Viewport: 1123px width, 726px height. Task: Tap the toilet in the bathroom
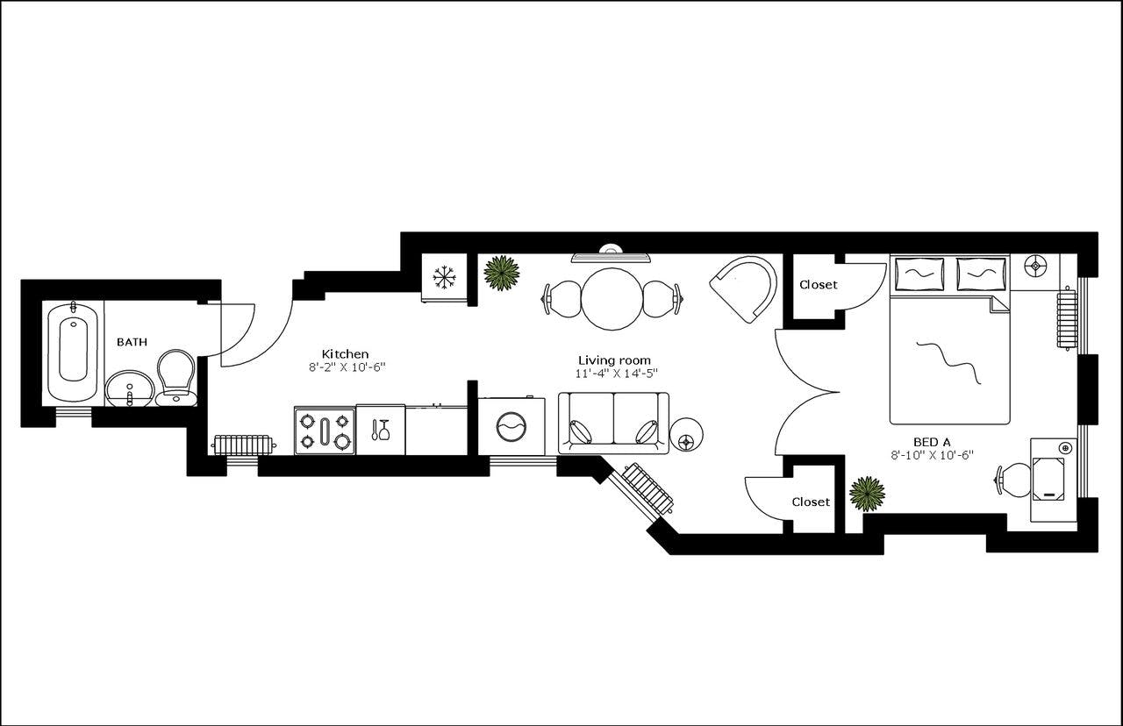click(x=176, y=375)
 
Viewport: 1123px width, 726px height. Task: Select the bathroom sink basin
click(x=130, y=388)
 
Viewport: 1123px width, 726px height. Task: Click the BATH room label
click(x=132, y=342)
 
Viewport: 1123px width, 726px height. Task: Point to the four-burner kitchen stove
click(x=325, y=431)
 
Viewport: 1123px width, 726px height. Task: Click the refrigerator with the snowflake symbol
click(x=445, y=278)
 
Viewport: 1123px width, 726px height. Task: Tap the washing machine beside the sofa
click(x=511, y=427)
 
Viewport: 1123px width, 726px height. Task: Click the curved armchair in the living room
click(x=746, y=288)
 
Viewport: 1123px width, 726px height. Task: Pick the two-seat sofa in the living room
click(x=613, y=423)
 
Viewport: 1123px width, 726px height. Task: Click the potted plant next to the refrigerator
click(x=502, y=273)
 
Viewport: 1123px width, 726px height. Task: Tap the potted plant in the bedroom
click(x=867, y=494)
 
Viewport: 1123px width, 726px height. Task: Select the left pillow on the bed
click(x=918, y=274)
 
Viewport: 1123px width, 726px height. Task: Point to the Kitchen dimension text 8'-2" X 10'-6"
click(x=347, y=367)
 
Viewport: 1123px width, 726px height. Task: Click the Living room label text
click(x=614, y=359)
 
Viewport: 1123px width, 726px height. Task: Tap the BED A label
click(x=931, y=441)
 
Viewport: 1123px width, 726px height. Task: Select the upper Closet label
click(x=818, y=285)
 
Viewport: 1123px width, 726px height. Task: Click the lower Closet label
click(x=810, y=502)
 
